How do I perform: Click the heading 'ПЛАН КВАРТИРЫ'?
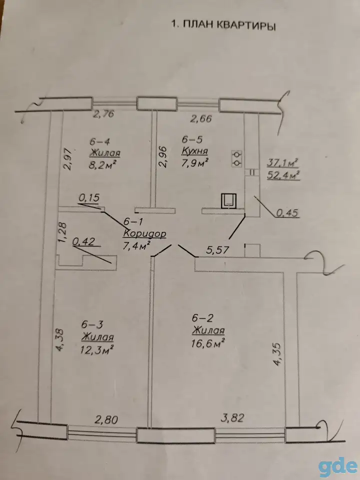pos(229,25)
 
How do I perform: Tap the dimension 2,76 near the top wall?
pos(104,114)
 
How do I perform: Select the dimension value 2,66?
pos(201,118)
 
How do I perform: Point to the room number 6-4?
pos(99,141)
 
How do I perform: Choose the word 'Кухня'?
pos(195,150)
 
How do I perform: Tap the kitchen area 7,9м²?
pos(195,162)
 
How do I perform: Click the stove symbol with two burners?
pos(237,158)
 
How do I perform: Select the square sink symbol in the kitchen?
pos(228,201)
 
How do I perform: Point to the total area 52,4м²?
pos(283,175)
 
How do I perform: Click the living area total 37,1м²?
pos(282,162)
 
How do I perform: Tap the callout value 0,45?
pos(287,213)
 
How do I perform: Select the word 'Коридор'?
pos(144,233)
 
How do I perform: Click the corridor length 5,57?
pos(217,250)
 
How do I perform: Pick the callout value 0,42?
pos(83,241)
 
